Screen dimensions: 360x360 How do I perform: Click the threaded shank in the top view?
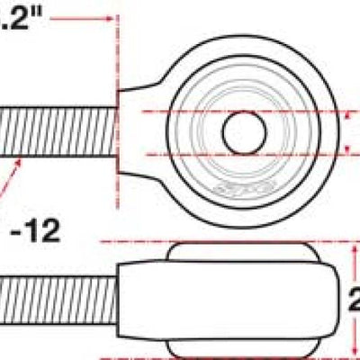pyautogui.click(x=58, y=133)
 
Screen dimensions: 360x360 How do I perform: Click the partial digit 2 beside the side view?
pyautogui.click(x=353, y=296)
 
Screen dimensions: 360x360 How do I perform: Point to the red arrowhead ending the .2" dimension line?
pyautogui.click(x=110, y=17)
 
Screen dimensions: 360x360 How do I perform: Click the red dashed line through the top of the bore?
pyautogui.click(x=297, y=111)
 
